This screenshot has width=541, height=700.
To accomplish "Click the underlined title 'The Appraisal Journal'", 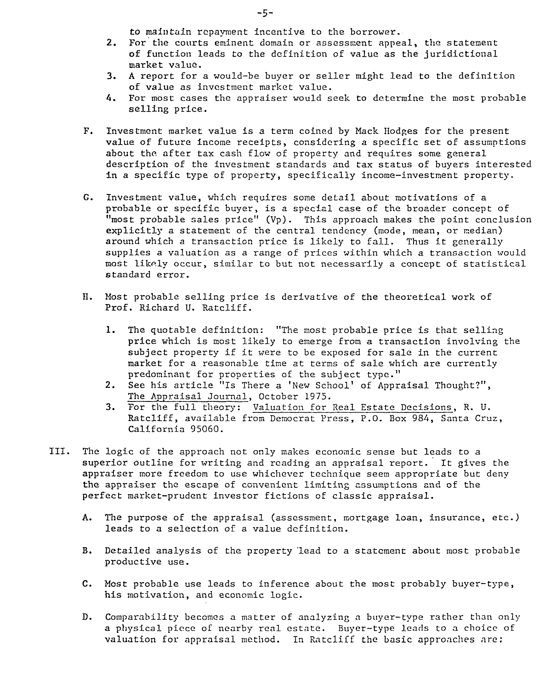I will pos(188,397).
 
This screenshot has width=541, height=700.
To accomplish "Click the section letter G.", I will pos(86,197).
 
